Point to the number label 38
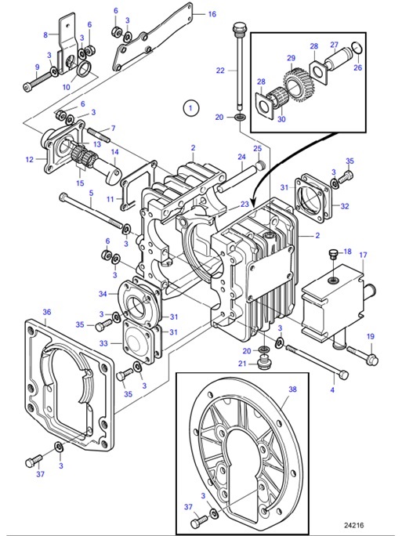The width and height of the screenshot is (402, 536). pos(292,389)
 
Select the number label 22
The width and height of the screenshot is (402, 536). pos(198,70)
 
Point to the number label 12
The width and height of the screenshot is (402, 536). pos(30,160)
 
